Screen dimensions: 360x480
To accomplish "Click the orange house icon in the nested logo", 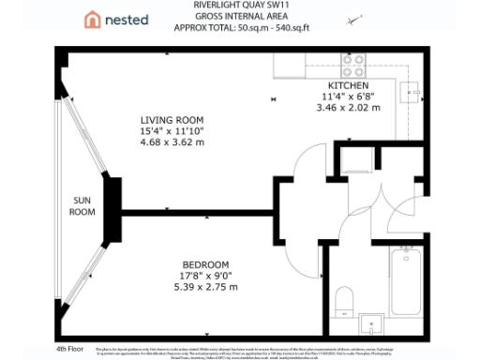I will tap(92, 19).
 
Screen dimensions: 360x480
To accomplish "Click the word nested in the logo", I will tap(126, 19).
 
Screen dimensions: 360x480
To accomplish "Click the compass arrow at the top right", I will tap(353, 20).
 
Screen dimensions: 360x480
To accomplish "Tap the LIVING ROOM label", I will tap(172, 120).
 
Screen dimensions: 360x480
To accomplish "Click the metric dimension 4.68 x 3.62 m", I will tap(172, 142).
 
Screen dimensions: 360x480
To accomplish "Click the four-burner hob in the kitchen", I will tap(353, 66).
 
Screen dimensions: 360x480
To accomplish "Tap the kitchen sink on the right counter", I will tap(412, 91).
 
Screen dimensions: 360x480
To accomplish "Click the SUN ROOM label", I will tap(82, 206).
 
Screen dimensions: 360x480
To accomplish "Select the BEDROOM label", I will tap(198, 263).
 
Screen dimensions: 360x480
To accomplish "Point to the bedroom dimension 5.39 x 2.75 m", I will tap(198, 286).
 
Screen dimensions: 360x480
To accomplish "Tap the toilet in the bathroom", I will tap(344, 300).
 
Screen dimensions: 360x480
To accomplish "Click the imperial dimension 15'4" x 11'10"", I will tap(172, 130).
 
